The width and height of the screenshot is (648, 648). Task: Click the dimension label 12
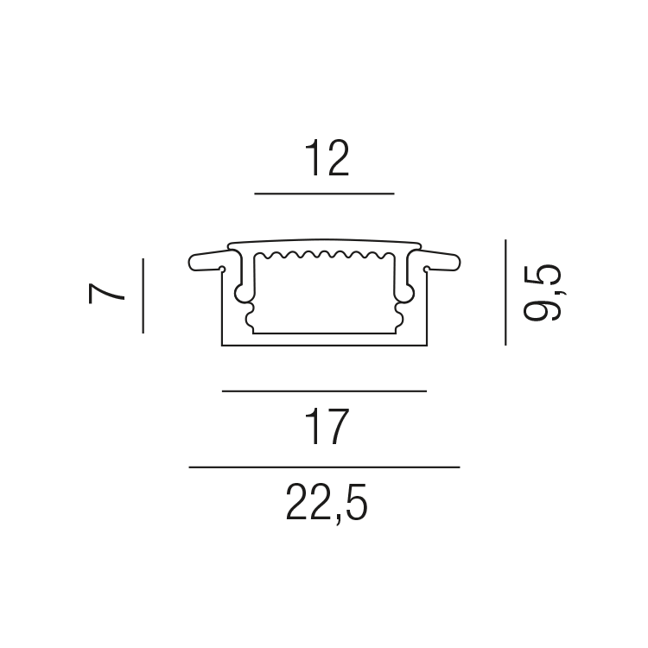(x=327, y=157)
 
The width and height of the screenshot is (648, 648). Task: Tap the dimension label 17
(x=327, y=427)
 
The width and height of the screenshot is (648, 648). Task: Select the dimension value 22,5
(x=326, y=504)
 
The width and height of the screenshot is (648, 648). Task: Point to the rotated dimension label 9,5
(x=543, y=292)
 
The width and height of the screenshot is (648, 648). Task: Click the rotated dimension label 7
(x=106, y=293)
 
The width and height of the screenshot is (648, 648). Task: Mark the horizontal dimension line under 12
(x=324, y=194)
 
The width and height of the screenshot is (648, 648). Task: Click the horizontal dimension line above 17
(x=324, y=391)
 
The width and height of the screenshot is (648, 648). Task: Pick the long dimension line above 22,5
(x=324, y=467)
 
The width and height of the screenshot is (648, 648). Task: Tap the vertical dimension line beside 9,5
(x=505, y=292)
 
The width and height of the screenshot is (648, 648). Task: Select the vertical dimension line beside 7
(x=143, y=295)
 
